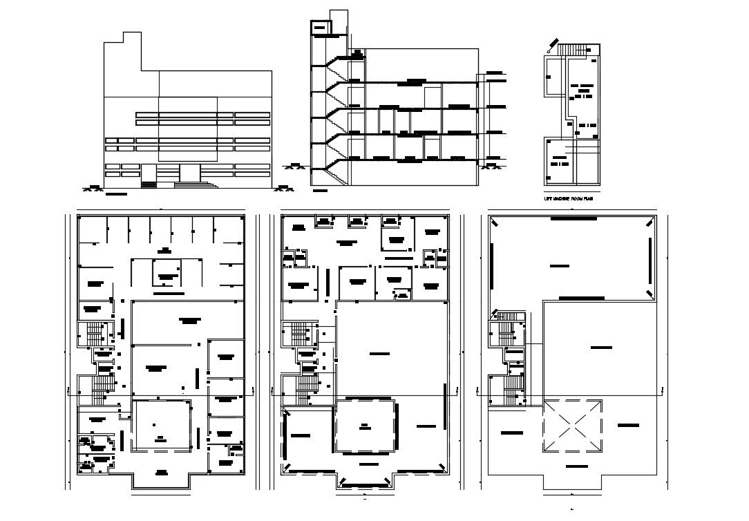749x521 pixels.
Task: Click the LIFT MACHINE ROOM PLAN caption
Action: [569, 198]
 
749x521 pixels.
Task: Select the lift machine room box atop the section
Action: [321, 28]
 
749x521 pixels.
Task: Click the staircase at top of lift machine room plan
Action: [573, 50]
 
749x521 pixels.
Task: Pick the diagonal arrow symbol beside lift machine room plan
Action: [551, 46]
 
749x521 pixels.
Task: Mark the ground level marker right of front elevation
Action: [283, 185]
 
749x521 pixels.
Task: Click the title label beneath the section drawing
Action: [321, 190]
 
